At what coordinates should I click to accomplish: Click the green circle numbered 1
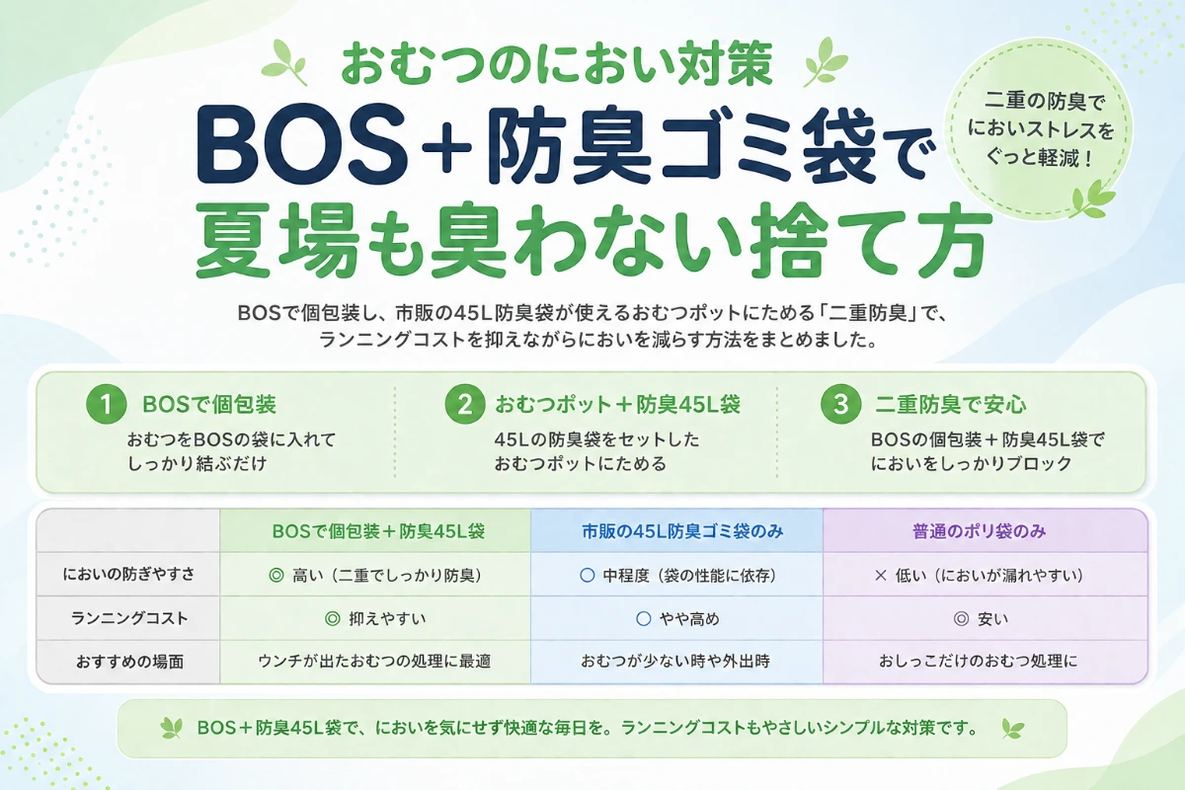pos(107,404)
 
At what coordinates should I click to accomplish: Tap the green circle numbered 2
pos(465,404)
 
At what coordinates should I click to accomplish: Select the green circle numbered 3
pos(841,404)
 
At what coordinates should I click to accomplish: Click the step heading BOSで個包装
pos(209,405)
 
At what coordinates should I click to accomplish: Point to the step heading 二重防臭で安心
pos(951,405)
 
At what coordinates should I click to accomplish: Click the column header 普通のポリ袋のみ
pos(980,531)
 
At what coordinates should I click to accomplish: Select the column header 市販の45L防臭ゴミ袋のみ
pos(682,531)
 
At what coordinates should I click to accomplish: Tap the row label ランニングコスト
pos(129,618)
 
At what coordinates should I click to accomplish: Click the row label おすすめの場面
pos(129,662)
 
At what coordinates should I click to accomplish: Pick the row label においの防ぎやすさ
pos(128,574)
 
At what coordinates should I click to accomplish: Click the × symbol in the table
pos(880,575)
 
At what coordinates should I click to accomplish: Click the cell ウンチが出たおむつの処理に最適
pos(374,661)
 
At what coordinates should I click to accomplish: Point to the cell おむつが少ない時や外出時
pos(675,661)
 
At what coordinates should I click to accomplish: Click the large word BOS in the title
pos(301,144)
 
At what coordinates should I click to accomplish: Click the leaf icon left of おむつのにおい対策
pos(284,62)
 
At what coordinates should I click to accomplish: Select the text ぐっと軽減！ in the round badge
pos(1039,158)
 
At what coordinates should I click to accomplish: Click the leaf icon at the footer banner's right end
pos(1013,729)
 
